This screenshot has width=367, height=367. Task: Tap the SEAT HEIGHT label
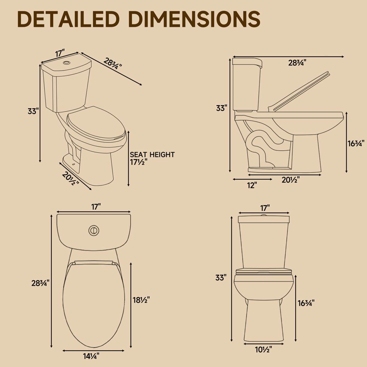(x=152, y=155)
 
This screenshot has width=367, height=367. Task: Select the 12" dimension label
(x=252, y=185)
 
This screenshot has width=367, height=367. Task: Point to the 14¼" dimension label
(x=91, y=356)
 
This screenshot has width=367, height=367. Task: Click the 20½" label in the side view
(x=290, y=180)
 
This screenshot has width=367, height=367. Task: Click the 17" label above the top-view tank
(x=96, y=207)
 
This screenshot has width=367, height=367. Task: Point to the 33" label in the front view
(x=221, y=278)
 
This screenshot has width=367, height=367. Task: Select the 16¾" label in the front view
(x=306, y=303)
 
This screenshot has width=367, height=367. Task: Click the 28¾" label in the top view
(x=40, y=283)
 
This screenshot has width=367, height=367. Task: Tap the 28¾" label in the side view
(x=297, y=63)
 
